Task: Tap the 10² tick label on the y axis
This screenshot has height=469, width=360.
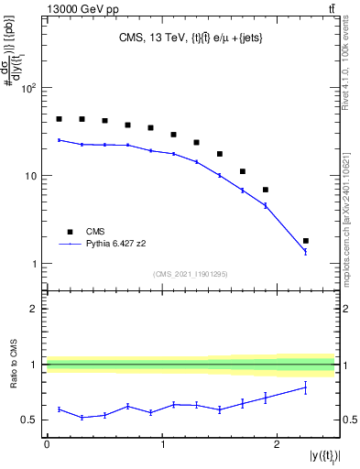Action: [x=29, y=89]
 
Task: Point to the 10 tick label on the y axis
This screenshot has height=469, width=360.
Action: [x=32, y=176]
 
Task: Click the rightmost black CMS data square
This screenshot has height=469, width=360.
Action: [x=306, y=241]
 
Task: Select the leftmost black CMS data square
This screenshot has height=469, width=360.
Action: [x=59, y=119]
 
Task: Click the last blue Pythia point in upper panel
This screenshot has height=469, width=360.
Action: [x=306, y=251]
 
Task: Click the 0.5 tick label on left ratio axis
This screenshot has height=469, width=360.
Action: [x=30, y=420]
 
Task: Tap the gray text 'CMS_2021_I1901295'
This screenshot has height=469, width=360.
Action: [x=191, y=274]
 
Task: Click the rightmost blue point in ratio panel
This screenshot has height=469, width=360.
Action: [x=306, y=387]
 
